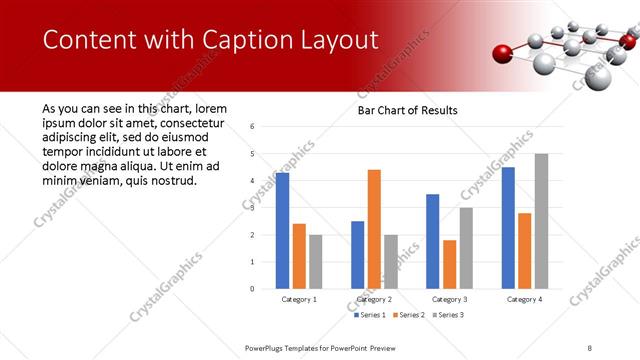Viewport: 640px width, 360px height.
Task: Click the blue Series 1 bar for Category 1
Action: click(x=282, y=231)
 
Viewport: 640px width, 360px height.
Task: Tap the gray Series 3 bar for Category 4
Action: click(x=541, y=221)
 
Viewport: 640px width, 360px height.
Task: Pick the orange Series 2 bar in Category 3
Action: click(x=449, y=264)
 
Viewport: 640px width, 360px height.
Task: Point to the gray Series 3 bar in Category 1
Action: click(x=316, y=262)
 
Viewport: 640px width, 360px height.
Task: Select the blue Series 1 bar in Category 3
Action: click(x=432, y=241)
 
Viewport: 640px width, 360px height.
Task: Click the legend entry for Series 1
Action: click(x=369, y=315)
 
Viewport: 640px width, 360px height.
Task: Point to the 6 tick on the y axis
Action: click(x=253, y=127)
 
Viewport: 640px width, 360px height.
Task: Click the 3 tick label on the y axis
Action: click(x=253, y=208)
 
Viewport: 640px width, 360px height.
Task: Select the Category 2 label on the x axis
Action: click(x=374, y=299)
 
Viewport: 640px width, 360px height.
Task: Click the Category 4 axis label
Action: click(x=524, y=299)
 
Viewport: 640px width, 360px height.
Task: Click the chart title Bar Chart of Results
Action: click(x=407, y=110)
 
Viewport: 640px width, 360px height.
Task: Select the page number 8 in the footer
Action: click(x=589, y=347)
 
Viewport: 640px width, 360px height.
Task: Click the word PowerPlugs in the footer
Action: click(x=268, y=347)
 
